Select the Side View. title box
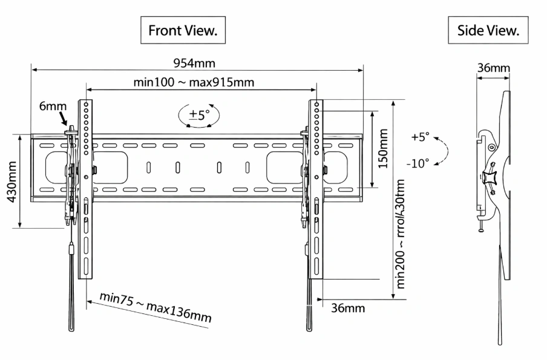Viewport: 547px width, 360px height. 488,30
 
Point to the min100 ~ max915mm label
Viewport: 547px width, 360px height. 194,82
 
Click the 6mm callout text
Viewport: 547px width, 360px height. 53,106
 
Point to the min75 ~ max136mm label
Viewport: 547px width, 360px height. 156,307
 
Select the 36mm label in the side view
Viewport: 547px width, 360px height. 493,68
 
